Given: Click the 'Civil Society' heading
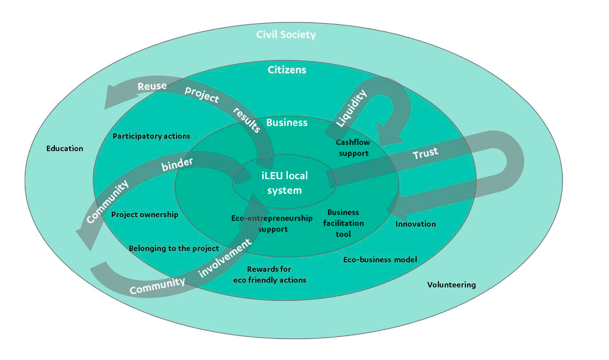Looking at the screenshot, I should point(286,35).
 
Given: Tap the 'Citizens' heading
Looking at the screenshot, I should point(287,70).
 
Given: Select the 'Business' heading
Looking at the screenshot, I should point(287,123).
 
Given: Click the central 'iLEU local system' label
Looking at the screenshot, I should point(285,183).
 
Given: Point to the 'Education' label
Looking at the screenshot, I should point(64,148).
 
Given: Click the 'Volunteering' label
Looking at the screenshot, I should point(451,285).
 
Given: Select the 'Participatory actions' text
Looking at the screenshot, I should point(151,136).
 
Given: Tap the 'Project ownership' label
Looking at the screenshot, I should point(144,214).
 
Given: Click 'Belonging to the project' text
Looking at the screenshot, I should point(174,248).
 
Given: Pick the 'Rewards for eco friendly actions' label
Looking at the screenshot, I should point(270,275).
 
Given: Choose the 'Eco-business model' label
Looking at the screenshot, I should point(380,260).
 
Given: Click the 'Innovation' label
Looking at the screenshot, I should point(416,224).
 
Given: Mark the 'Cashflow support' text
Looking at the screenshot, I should point(353,148).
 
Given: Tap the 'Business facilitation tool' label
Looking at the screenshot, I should point(343,223).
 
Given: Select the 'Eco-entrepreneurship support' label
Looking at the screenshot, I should point(272,224).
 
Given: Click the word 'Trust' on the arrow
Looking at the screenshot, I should point(425,154).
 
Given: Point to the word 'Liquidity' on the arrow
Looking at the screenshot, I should point(351,109).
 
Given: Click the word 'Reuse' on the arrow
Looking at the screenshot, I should point(152,86).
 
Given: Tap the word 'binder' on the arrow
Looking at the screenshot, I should point(177,164).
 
